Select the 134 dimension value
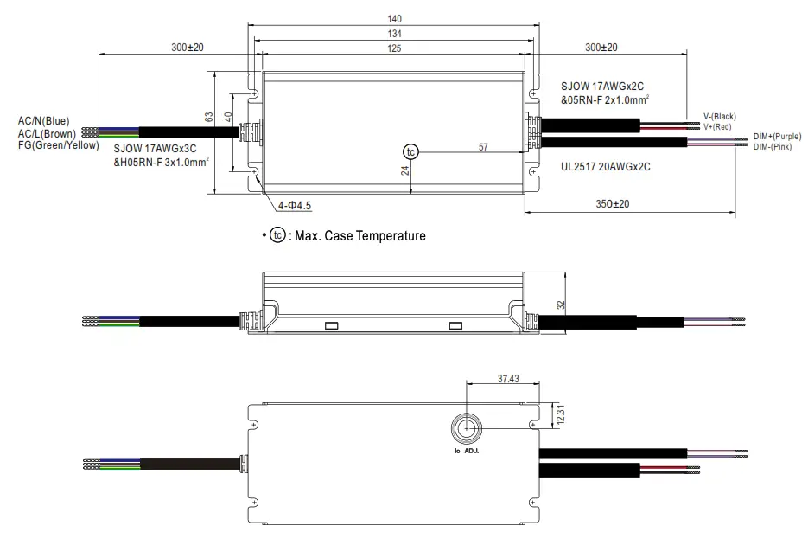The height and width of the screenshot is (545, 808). pos(394,33)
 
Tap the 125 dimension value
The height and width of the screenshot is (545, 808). pos(394,49)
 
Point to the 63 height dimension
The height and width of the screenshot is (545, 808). pos(208,116)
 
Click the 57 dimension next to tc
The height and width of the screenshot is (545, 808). pos(483,147)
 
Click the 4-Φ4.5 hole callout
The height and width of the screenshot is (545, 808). pos(295,205)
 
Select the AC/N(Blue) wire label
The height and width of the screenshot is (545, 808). pos(44,121)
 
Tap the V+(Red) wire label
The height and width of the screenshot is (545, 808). pos(717,127)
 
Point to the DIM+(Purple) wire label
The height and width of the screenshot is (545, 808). pos(777,137)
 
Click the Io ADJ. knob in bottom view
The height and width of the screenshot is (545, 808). pos(466,429)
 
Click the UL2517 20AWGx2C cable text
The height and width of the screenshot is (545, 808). pos(605,166)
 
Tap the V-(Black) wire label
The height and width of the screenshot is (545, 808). pos(719,117)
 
